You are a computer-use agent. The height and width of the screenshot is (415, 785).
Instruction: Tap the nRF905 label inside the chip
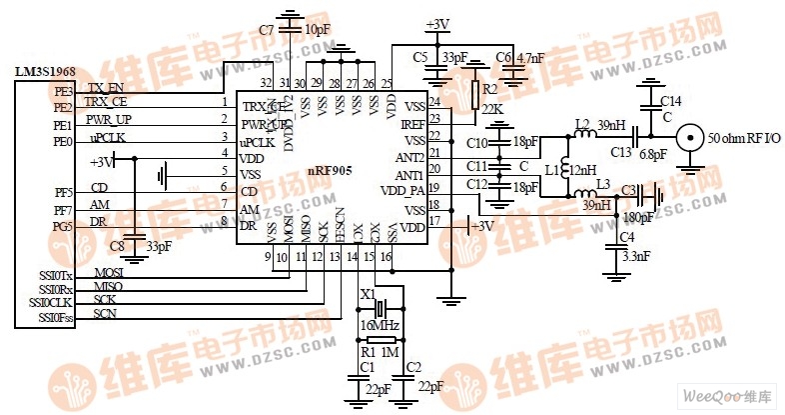point(330,171)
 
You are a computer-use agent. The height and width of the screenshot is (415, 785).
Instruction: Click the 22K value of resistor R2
point(490,108)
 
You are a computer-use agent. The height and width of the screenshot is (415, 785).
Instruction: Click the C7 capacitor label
point(266,30)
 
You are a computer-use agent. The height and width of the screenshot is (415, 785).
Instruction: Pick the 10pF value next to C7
point(317,30)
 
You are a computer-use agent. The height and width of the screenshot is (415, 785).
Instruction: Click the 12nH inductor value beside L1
point(584,171)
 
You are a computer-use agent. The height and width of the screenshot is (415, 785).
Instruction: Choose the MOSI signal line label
point(108,272)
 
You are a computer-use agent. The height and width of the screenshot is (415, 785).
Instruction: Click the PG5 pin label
point(64,226)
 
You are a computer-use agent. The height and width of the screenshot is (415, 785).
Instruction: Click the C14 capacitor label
point(670,101)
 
